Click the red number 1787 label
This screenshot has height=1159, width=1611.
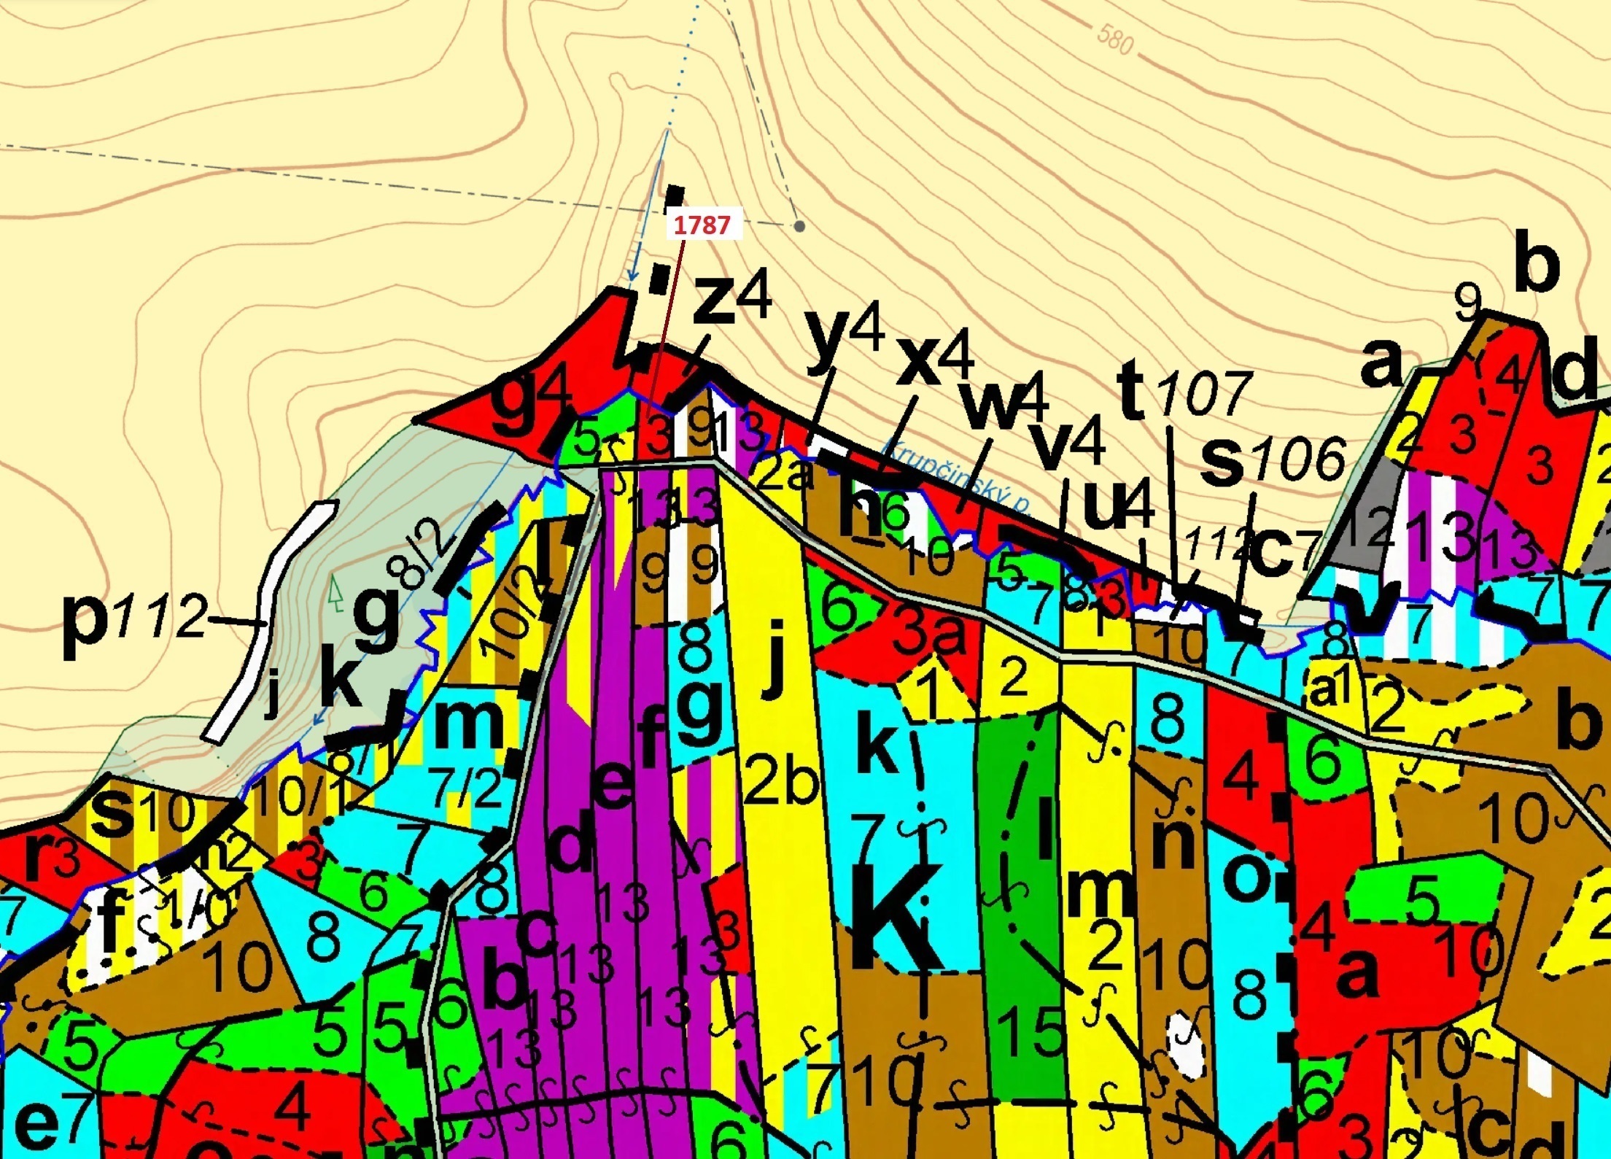pos(702,225)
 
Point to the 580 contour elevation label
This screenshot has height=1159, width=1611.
pos(1115,39)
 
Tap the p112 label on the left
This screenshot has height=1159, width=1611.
pos(135,619)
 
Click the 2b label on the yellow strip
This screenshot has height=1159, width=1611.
pos(780,780)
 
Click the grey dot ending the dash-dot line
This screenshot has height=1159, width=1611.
pos(799,227)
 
